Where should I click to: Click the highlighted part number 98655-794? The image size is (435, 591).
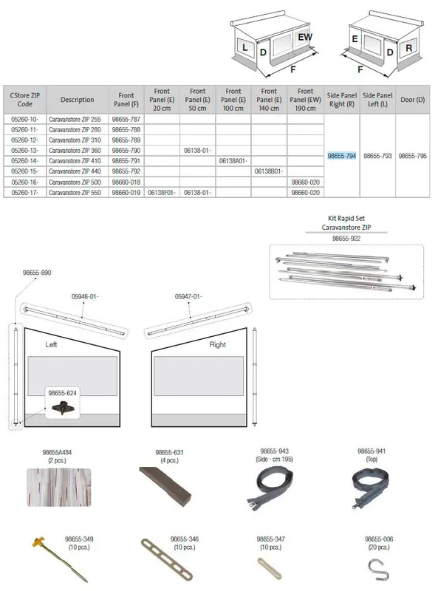(x=341, y=156)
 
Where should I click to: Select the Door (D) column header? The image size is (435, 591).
(x=412, y=100)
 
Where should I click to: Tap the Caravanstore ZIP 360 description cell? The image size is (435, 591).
(x=75, y=151)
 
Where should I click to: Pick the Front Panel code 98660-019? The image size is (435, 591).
(x=126, y=193)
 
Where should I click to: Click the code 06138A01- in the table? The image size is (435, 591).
(x=233, y=161)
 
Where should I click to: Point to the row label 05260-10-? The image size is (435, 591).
(x=24, y=119)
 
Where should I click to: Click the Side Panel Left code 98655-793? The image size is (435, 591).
(x=377, y=156)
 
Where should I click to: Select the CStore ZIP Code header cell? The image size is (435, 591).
(x=25, y=100)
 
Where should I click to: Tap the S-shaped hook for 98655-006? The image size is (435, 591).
(x=377, y=570)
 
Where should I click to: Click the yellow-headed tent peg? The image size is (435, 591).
(x=61, y=560)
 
